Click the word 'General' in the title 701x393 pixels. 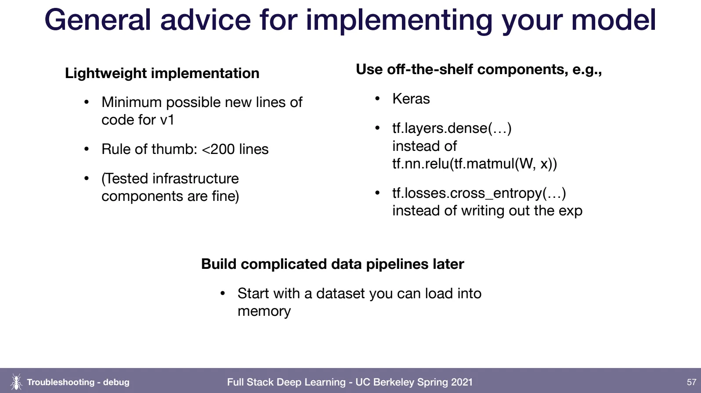point(98,20)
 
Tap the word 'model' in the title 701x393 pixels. point(613,20)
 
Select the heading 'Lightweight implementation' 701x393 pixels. point(162,73)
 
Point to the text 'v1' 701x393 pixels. point(167,120)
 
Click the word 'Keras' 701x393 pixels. point(411,99)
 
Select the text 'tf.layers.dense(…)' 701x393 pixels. point(452,129)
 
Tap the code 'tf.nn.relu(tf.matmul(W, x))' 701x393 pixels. point(475,164)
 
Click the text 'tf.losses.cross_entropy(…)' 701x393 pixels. point(479,193)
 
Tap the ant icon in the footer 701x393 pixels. point(16,382)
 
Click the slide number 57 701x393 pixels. point(691,382)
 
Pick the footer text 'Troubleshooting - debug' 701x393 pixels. point(78,382)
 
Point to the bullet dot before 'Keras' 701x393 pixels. point(377,99)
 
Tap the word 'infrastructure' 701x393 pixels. point(195,179)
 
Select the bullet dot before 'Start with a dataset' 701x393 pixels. point(223,293)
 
